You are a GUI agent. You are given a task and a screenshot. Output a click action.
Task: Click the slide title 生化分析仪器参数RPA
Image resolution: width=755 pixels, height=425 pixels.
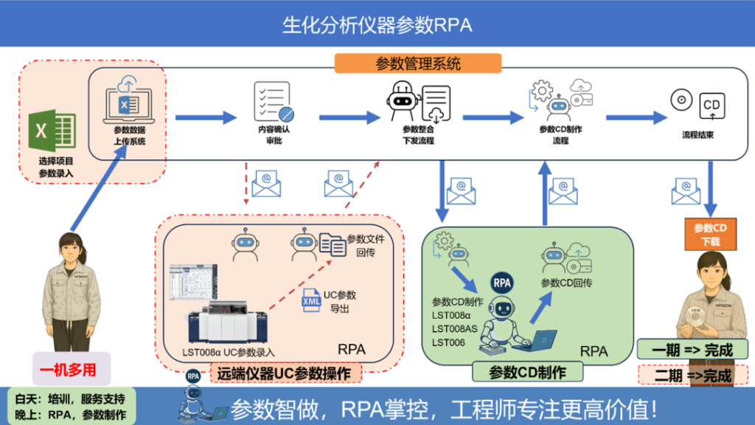(x=377, y=24)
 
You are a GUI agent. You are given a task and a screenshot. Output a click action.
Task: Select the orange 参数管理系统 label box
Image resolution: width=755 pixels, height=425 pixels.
(x=418, y=63)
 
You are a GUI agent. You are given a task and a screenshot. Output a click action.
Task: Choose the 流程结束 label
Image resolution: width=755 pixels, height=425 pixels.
(x=697, y=135)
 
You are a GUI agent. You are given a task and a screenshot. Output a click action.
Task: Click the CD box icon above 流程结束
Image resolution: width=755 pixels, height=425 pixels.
(x=711, y=107)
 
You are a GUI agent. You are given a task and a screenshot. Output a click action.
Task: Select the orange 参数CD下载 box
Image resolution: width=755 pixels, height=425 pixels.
(x=710, y=233)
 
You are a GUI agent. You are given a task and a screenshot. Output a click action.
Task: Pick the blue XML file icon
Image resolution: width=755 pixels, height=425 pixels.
(x=310, y=300)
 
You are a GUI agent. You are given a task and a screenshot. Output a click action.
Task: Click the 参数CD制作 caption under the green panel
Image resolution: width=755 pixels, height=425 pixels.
(x=527, y=373)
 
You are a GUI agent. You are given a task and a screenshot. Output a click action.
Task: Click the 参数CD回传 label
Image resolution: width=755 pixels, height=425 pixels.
(x=566, y=283)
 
